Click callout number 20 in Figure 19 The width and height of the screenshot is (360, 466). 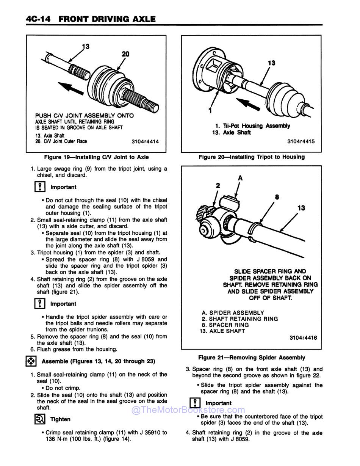pyautogui.click(x=125, y=54)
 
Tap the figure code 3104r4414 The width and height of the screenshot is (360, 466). pyautogui.click(x=145, y=142)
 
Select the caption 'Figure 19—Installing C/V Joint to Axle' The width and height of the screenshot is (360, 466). pyautogui.click(x=96, y=157)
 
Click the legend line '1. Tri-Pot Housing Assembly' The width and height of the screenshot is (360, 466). pyautogui.click(x=252, y=126)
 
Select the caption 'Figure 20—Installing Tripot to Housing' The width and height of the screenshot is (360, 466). pyautogui.click(x=251, y=157)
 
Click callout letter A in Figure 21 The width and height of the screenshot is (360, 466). pyautogui.click(x=240, y=178)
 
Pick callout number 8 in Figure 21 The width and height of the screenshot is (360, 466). pyautogui.click(x=277, y=197)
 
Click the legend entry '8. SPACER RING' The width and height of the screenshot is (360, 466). pyautogui.click(x=225, y=325)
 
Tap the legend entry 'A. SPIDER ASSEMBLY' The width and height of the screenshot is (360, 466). pyautogui.click(x=233, y=313)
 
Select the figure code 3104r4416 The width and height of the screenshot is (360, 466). pyautogui.click(x=303, y=337)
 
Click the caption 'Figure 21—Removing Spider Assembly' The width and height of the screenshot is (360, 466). pyautogui.click(x=251, y=358)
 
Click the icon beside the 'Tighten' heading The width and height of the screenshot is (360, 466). pyautogui.click(x=39, y=419)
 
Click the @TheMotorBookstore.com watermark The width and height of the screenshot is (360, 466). pyautogui.click(x=188, y=410)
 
